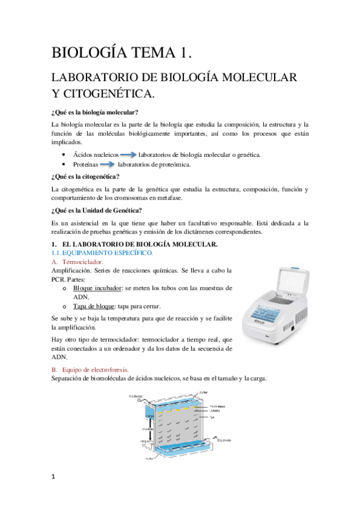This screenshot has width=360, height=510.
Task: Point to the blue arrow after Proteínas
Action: click(107, 164)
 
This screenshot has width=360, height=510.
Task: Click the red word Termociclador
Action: click(82, 262)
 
